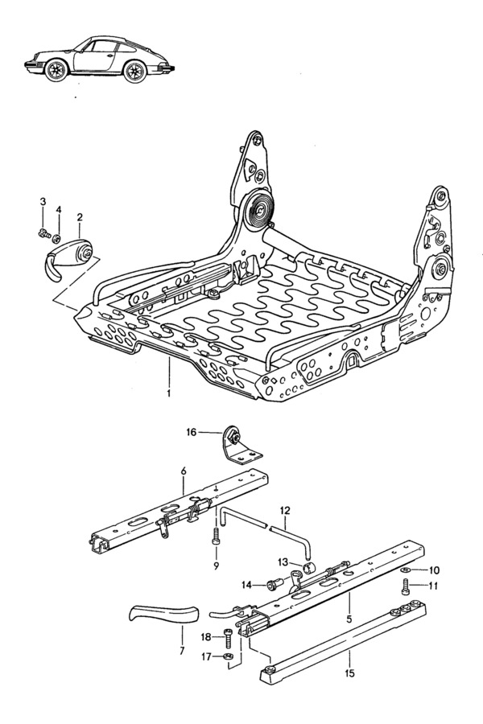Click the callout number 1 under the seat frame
[169, 393]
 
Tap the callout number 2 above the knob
[80, 217]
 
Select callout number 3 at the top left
[43, 201]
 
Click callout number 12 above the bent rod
[286, 510]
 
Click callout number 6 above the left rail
[183, 470]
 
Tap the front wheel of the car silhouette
[56, 72]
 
